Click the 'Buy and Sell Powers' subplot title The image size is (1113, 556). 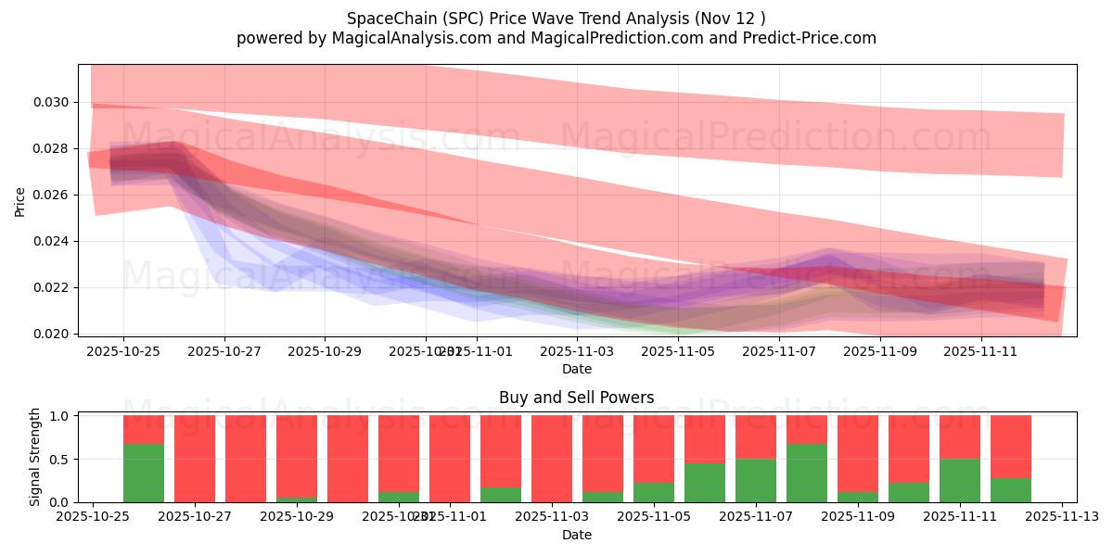pyautogui.click(x=576, y=398)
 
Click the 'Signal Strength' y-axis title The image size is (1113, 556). pyautogui.click(x=35, y=457)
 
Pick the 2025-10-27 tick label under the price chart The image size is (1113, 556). pyautogui.click(x=224, y=352)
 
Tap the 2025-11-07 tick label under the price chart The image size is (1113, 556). pyautogui.click(x=780, y=352)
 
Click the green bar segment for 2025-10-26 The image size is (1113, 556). pyautogui.click(x=144, y=473)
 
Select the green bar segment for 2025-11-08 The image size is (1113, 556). pyautogui.click(x=807, y=473)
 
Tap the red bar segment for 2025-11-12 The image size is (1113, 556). pyautogui.click(x=1011, y=447)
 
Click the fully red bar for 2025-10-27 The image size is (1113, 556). pyautogui.click(x=195, y=459)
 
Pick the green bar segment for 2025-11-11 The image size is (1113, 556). pyautogui.click(x=960, y=480)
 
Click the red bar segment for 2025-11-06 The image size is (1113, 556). pyautogui.click(x=705, y=439)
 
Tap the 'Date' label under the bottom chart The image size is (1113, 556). pyautogui.click(x=576, y=535)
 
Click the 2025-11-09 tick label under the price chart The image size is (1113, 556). pyautogui.click(x=882, y=352)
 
